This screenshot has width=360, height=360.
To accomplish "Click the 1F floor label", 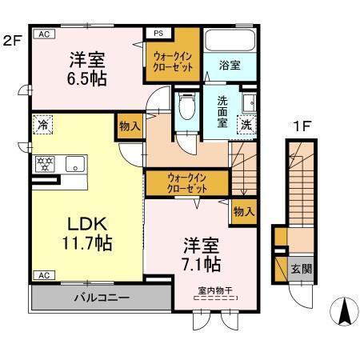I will (x=302, y=126).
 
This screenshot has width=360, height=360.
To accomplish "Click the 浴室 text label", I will (x=230, y=66).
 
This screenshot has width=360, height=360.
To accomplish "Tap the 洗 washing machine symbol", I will (x=248, y=124).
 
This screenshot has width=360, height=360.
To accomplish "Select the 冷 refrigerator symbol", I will (x=42, y=126).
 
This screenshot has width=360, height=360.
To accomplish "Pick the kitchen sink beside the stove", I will (x=74, y=166).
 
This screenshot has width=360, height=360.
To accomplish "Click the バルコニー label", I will (x=102, y=298).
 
